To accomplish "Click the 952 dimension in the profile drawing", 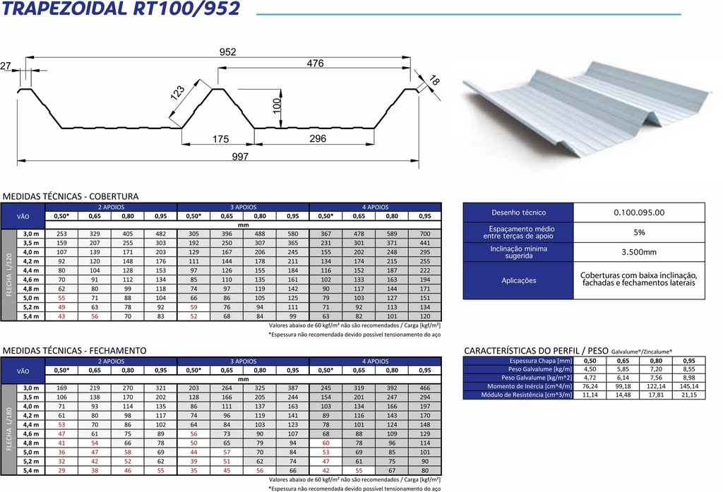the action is (227, 52).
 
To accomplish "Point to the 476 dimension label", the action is (316, 63).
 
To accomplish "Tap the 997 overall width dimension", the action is (240, 157).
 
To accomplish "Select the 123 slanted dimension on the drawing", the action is (177, 92).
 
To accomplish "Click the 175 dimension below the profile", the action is (220, 139).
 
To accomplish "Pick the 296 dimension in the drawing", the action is (318, 139).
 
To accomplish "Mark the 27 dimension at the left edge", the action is (5, 66).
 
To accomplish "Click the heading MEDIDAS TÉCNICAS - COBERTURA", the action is (71, 196).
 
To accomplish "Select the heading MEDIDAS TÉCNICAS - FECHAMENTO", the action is (74, 350).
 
